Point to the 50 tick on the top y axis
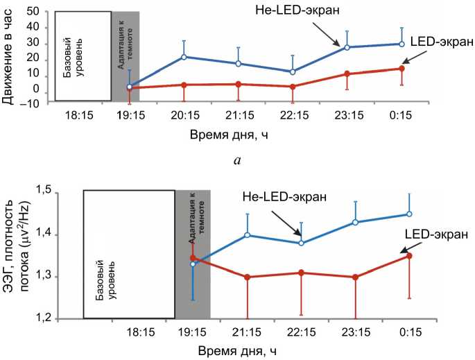[31, 12]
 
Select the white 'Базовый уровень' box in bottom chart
[128, 255]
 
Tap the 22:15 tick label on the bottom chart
[301, 332]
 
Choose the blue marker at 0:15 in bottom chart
[409, 214]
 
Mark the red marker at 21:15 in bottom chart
[247, 277]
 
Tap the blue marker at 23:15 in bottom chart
[355, 222]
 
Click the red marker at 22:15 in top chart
[293, 87]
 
